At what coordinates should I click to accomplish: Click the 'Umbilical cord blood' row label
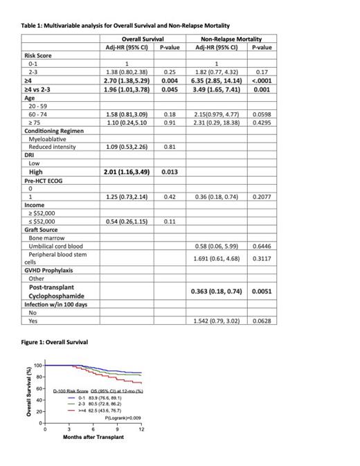(x=56, y=247)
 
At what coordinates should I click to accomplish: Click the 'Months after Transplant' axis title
(x=93, y=438)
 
